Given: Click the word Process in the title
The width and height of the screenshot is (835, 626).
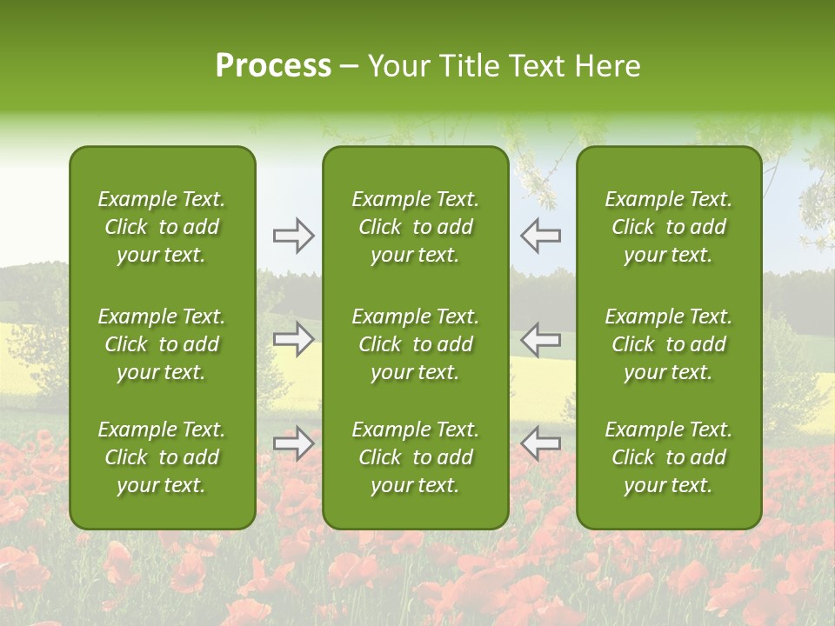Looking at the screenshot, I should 273,66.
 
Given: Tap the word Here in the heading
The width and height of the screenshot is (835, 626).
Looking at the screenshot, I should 607,66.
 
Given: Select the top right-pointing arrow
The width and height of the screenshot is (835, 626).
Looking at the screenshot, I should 294,236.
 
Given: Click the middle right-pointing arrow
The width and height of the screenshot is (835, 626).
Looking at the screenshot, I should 294,339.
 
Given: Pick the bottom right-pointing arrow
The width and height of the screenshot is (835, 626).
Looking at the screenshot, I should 294,443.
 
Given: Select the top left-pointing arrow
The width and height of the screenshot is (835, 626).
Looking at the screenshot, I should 540,236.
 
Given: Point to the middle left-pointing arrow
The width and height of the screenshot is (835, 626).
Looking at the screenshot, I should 540,339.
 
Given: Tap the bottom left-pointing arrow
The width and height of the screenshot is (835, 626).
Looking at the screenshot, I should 540,443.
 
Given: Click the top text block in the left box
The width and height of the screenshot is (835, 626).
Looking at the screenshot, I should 162,227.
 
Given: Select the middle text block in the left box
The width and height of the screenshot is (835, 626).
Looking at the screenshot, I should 162,344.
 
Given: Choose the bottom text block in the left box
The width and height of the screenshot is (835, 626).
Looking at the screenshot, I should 162,457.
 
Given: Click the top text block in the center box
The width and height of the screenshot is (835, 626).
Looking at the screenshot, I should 415,227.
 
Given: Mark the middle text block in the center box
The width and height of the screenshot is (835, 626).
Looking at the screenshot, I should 415,344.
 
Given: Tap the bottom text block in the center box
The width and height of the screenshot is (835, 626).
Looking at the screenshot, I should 415,457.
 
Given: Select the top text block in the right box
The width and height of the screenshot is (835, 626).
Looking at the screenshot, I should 668,227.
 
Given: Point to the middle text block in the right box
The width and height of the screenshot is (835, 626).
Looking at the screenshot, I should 668,344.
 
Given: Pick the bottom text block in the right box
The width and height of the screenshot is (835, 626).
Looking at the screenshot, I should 668,457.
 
